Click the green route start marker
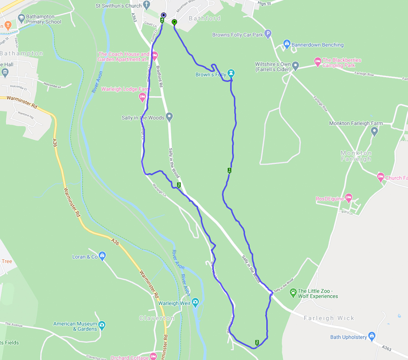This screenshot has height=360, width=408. tap(175, 22)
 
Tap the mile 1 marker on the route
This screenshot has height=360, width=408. tap(229, 170)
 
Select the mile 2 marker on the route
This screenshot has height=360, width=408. tap(257, 342)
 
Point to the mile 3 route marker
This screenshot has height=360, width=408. tap(179, 185)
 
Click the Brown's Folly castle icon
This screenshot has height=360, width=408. tap(232, 74)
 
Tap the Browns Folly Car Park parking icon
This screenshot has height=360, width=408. tap(268, 34)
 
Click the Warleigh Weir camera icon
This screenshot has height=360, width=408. tap(195, 302)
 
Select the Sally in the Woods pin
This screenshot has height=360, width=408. tap(170, 117)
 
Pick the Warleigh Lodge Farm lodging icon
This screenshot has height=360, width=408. tap(142, 97)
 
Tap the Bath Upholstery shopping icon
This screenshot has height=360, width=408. tap(371, 336)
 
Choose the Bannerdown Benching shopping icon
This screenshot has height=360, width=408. tap(287, 44)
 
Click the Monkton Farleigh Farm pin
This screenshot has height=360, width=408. tap(375, 131)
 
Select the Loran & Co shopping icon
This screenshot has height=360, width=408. tap(102, 256)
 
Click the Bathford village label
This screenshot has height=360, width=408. tap(204, 18)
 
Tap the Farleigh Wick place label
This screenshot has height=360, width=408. tap(329, 318)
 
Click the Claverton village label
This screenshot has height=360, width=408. tap(157, 318)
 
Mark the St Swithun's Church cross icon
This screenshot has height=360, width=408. tap(146, 5)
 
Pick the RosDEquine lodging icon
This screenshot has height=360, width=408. tap(348, 198)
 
